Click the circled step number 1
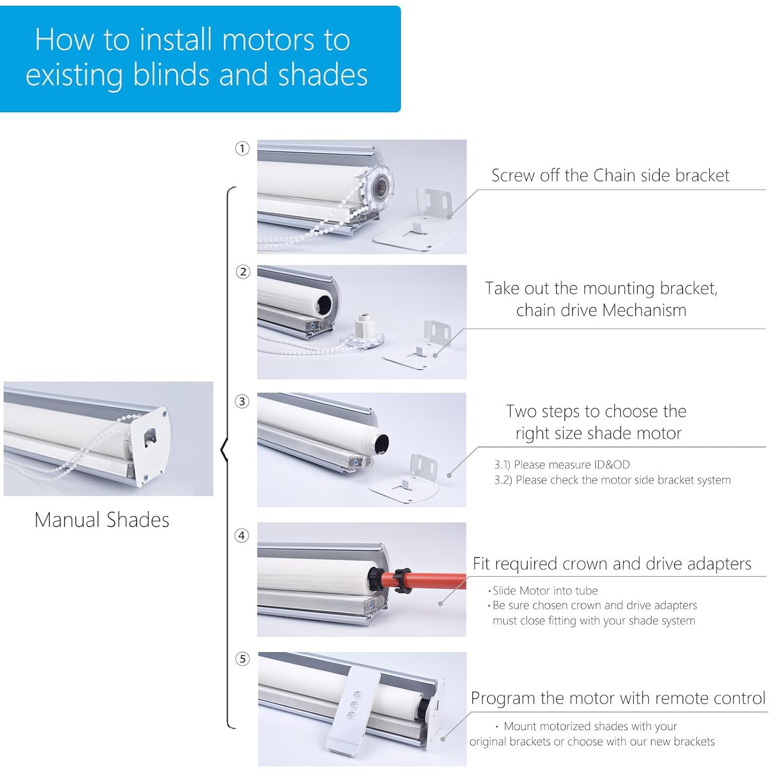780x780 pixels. click(242, 149)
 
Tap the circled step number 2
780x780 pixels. click(243, 272)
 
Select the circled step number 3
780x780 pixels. click(242, 401)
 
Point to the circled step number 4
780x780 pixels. click(242, 536)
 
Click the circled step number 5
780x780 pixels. click(242, 659)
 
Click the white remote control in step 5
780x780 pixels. click(353, 709)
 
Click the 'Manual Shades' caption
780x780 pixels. click(102, 520)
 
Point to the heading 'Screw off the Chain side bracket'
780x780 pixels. click(610, 176)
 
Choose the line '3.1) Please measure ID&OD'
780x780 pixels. click(562, 465)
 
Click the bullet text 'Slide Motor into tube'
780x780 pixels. click(545, 591)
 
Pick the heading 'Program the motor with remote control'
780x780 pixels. click(618, 698)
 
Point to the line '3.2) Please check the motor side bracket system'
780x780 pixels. click(612, 480)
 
